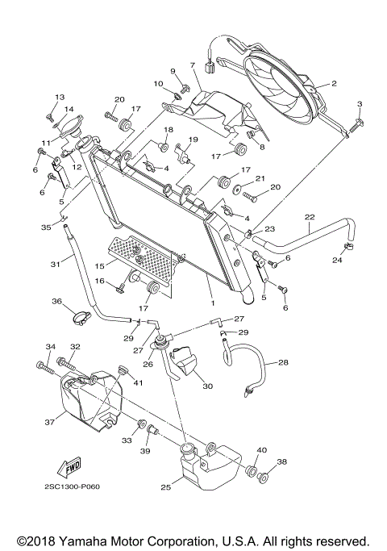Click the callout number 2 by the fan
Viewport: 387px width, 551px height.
[334, 83]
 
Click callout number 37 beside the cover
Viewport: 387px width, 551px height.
[48, 420]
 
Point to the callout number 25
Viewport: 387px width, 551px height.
[166, 487]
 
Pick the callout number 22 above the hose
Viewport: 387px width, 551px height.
[309, 216]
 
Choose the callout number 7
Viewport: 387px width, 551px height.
[193, 65]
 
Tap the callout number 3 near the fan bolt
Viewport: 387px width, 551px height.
[360, 103]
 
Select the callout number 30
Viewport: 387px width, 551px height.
[207, 386]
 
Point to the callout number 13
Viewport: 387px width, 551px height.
[59, 97]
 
